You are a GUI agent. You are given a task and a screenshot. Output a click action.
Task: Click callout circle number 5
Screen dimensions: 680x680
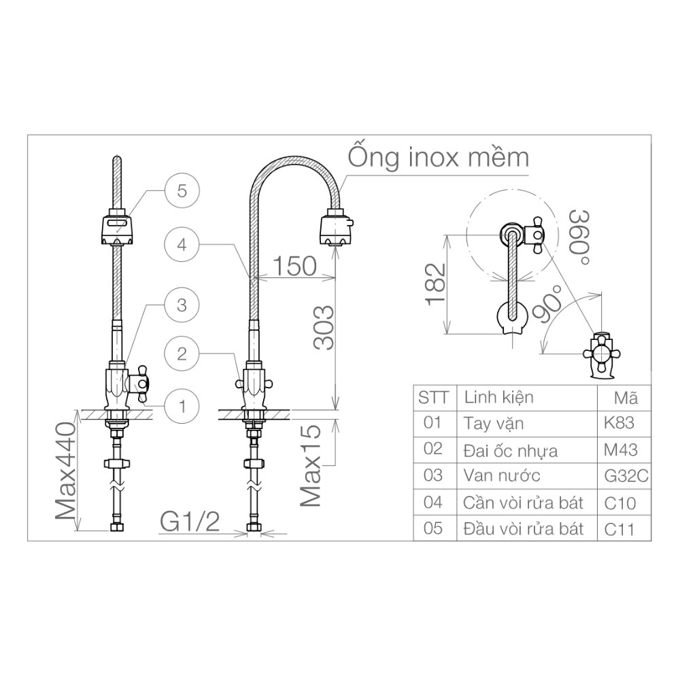[x=182, y=190]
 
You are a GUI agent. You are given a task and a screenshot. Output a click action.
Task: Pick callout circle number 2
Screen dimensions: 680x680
[x=182, y=354]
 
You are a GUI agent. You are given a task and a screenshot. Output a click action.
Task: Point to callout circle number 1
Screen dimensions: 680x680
[x=182, y=407]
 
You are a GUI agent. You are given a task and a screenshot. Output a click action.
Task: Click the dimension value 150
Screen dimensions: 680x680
[x=294, y=265]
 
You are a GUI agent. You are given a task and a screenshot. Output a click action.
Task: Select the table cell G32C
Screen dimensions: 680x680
[x=625, y=476]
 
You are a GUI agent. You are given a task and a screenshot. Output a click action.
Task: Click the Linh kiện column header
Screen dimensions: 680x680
[x=498, y=397]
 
